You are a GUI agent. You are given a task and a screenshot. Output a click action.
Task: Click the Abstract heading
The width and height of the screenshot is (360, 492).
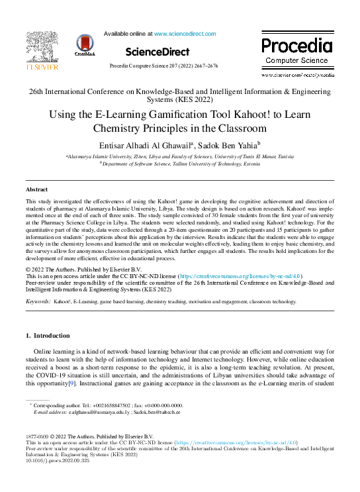36,189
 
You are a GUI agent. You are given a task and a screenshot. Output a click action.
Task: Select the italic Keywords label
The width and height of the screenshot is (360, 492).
38,301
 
